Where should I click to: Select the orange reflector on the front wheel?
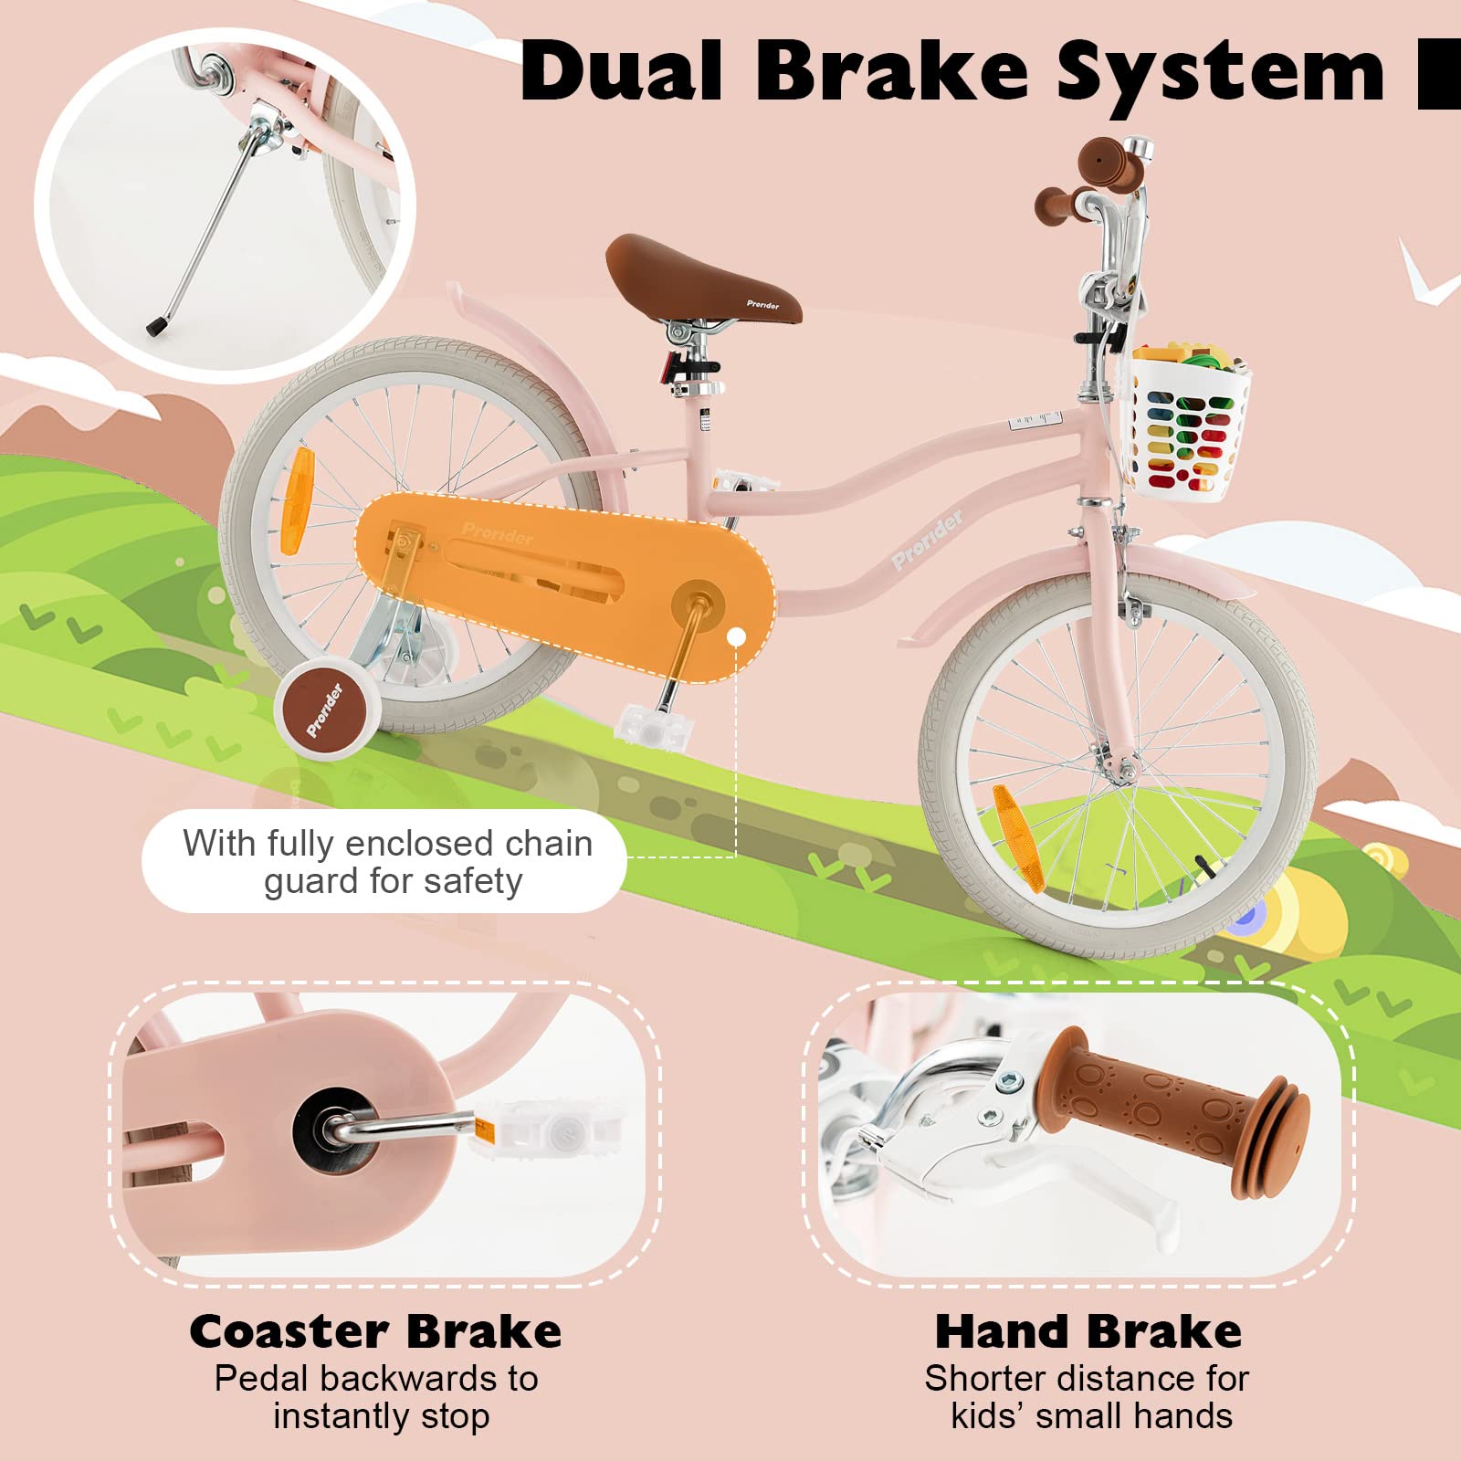point(1017,837)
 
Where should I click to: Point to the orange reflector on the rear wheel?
point(298,501)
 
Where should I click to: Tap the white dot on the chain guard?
point(736,636)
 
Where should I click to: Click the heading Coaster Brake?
point(375,1330)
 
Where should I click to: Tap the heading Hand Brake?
point(1088,1330)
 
